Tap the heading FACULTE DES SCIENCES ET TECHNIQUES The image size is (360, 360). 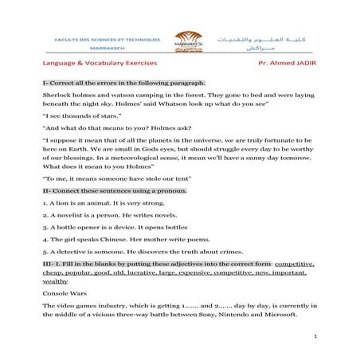click(x=107, y=37)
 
